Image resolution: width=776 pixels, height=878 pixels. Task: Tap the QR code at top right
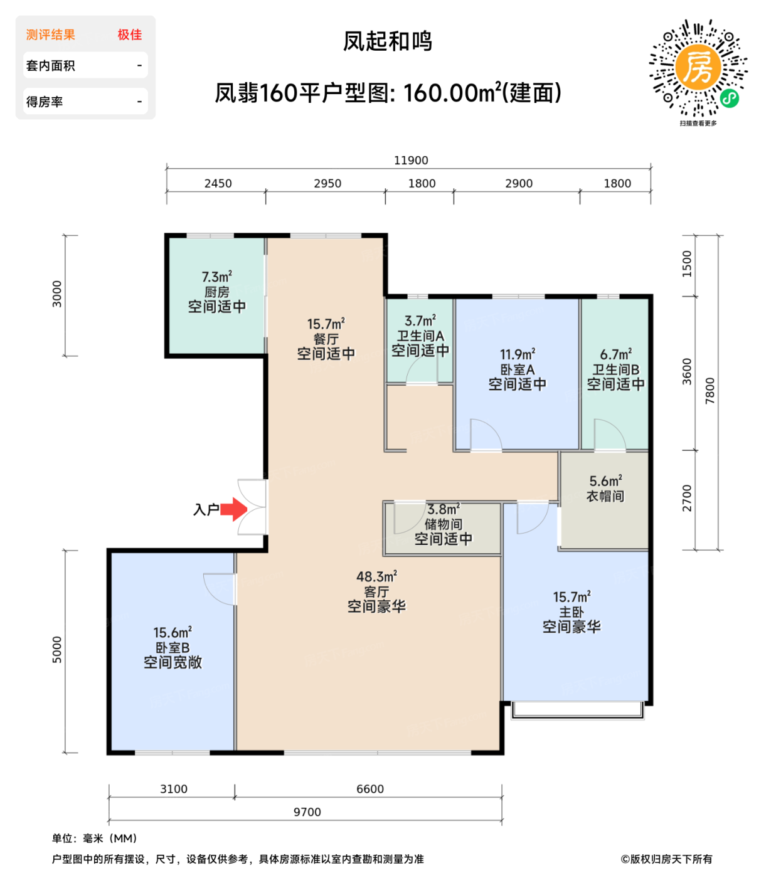(698, 69)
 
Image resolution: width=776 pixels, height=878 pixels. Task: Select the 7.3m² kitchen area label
(217, 277)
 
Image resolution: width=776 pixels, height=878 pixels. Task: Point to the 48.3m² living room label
(376, 576)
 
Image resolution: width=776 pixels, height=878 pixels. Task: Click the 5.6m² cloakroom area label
(605, 481)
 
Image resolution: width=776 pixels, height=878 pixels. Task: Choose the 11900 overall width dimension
(411, 161)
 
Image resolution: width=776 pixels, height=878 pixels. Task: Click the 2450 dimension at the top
(218, 184)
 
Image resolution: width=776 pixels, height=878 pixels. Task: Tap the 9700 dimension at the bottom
(307, 812)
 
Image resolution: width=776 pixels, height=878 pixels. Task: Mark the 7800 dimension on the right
(710, 391)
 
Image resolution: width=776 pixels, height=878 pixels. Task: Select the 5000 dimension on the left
(57, 650)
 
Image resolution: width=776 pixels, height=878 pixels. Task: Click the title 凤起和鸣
(388, 41)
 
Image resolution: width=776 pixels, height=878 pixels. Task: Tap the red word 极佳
(130, 35)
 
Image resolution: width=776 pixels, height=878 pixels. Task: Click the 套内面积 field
(85, 65)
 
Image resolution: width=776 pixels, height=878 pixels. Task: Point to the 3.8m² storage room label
(444, 509)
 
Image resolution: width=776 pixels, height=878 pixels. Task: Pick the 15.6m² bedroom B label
(173, 633)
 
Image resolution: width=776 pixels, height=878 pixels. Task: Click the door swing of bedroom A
(485, 435)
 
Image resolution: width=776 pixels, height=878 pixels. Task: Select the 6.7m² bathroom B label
(615, 354)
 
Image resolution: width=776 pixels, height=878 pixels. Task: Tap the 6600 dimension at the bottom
(370, 789)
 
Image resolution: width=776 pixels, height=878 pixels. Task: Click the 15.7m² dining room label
(326, 324)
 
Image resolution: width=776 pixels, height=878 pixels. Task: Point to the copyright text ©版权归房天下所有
(666, 859)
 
